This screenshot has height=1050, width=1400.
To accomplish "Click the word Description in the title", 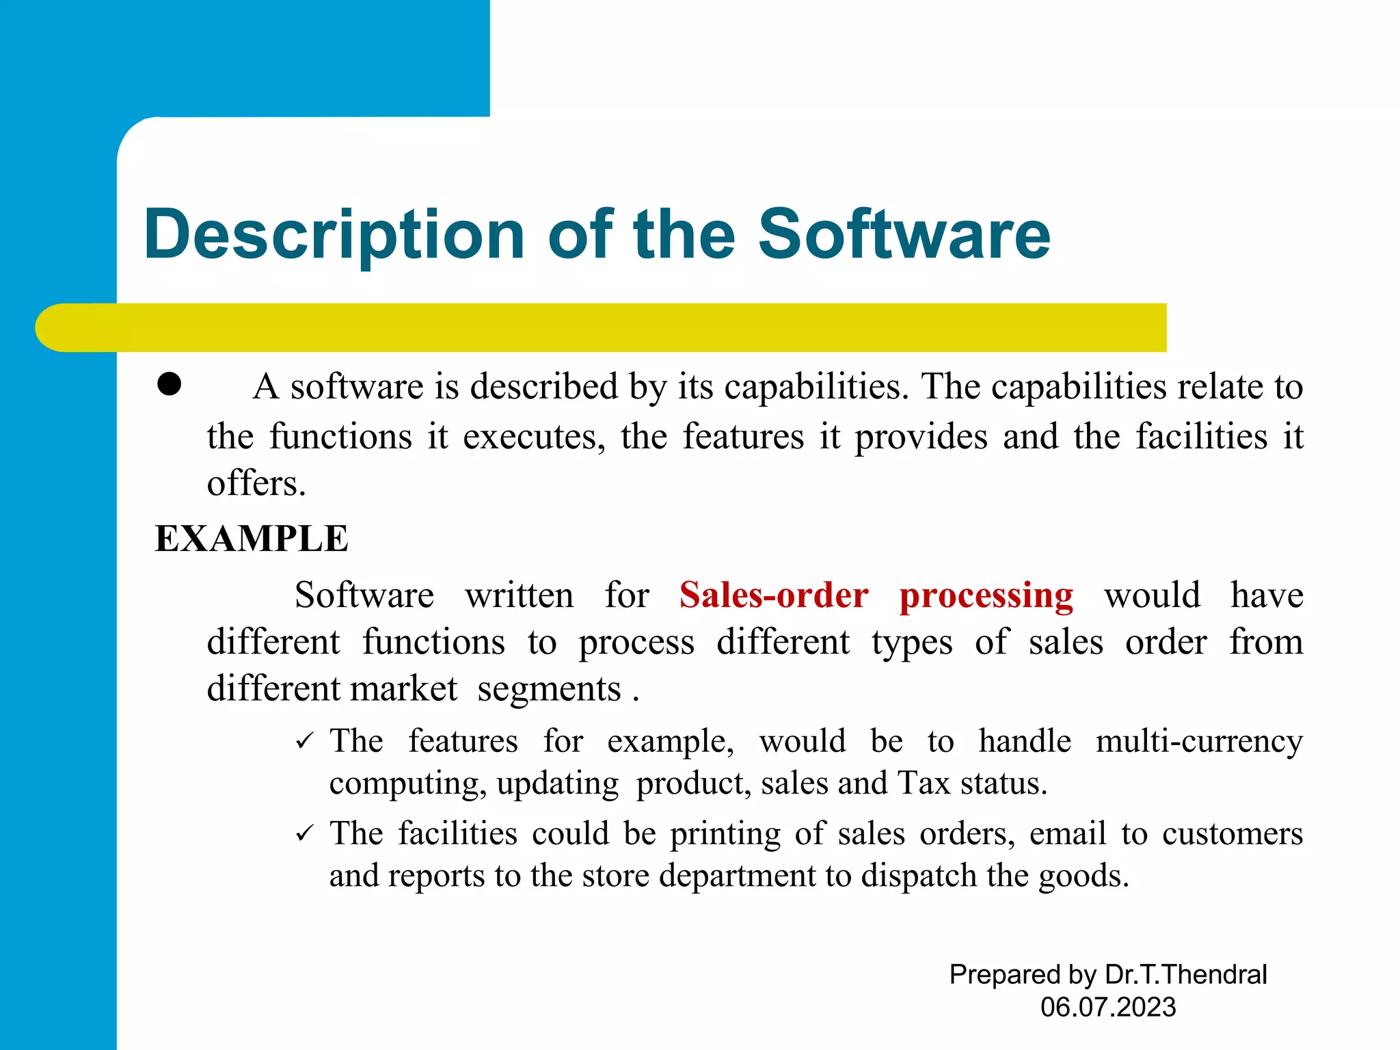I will (x=334, y=234).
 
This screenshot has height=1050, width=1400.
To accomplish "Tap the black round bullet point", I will (x=169, y=384).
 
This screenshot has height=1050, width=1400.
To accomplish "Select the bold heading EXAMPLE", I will (x=252, y=539).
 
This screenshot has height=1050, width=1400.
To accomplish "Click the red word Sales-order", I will (x=774, y=595).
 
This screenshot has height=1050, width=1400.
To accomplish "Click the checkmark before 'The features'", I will (x=304, y=741).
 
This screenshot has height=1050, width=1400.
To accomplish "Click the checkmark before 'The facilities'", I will (x=304, y=833).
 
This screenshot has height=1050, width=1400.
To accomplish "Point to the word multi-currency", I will (x=1199, y=742).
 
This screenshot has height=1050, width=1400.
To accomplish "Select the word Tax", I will (x=924, y=783).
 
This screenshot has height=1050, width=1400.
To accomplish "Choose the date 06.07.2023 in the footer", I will (x=1108, y=1007).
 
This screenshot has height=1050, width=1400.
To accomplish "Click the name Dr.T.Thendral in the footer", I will (x=1185, y=974).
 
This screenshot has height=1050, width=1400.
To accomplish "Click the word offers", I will (x=256, y=484).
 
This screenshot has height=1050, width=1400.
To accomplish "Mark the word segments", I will (x=549, y=690).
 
